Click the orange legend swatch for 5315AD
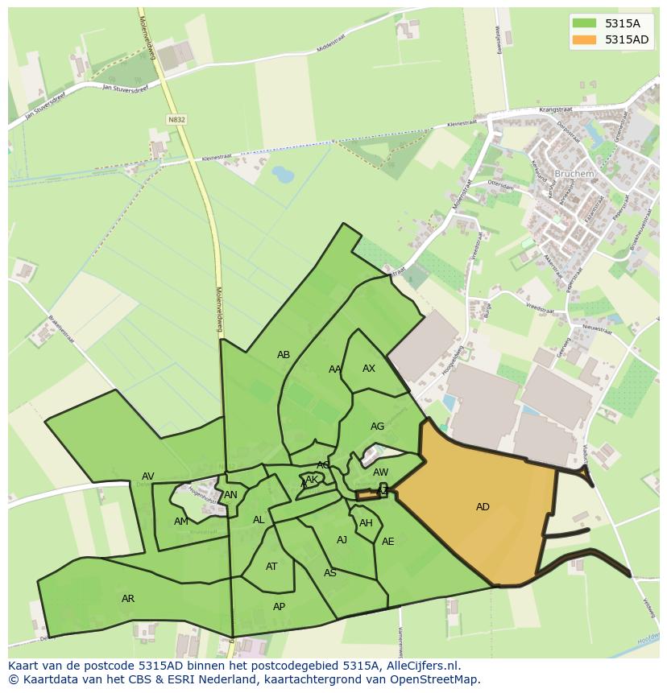click(x=585, y=39)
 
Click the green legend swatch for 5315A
click(x=585, y=23)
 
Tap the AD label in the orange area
click(x=483, y=507)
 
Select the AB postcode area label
click(x=284, y=355)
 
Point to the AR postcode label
click(x=128, y=599)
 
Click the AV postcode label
click(x=148, y=476)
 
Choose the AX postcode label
click(x=369, y=369)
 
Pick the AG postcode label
click(x=377, y=427)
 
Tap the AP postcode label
click(x=279, y=607)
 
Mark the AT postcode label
click(x=271, y=567)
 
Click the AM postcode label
click(x=180, y=522)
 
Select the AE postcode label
click(x=388, y=542)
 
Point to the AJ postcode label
click(x=342, y=540)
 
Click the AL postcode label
click(x=259, y=520)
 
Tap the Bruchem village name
click(x=574, y=173)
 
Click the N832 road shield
click(x=176, y=119)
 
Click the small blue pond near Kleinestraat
click(x=283, y=174)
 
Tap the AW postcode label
click(x=380, y=472)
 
